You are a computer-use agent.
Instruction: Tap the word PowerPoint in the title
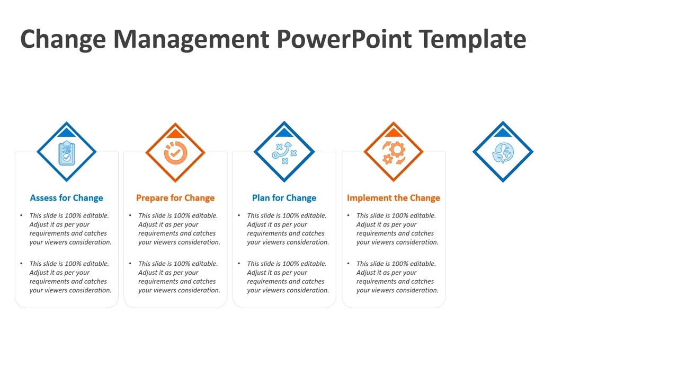pyautogui.click(x=343, y=39)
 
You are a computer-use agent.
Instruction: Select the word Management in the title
pyautogui.click(x=191, y=39)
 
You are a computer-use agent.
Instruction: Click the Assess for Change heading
pyautogui.click(x=66, y=198)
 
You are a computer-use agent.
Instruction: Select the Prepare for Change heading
pyautogui.click(x=175, y=198)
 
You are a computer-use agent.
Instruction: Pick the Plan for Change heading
pyautogui.click(x=284, y=198)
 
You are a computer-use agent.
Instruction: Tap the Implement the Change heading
pyautogui.click(x=394, y=198)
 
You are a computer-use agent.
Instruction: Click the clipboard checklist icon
pyautogui.click(x=66, y=153)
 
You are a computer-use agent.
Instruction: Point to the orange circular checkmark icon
pyautogui.click(x=175, y=152)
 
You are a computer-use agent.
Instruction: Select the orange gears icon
pyautogui.click(x=394, y=153)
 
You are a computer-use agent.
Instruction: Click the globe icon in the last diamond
pyautogui.click(x=503, y=153)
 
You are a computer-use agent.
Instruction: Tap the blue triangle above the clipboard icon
pyautogui.click(x=66, y=133)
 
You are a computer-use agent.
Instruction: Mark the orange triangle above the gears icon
pyautogui.click(x=394, y=133)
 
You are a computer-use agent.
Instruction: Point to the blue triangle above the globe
pyautogui.click(x=503, y=133)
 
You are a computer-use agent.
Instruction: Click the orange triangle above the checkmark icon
pyautogui.click(x=175, y=133)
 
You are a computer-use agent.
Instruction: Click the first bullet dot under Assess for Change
pyautogui.click(x=21, y=215)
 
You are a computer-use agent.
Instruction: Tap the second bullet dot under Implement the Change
pyautogui.click(x=348, y=264)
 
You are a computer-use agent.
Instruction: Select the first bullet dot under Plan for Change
pyautogui.click(x=239, y=215)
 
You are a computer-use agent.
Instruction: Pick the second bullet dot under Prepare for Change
pyautogui.click(x=130, y=264)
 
